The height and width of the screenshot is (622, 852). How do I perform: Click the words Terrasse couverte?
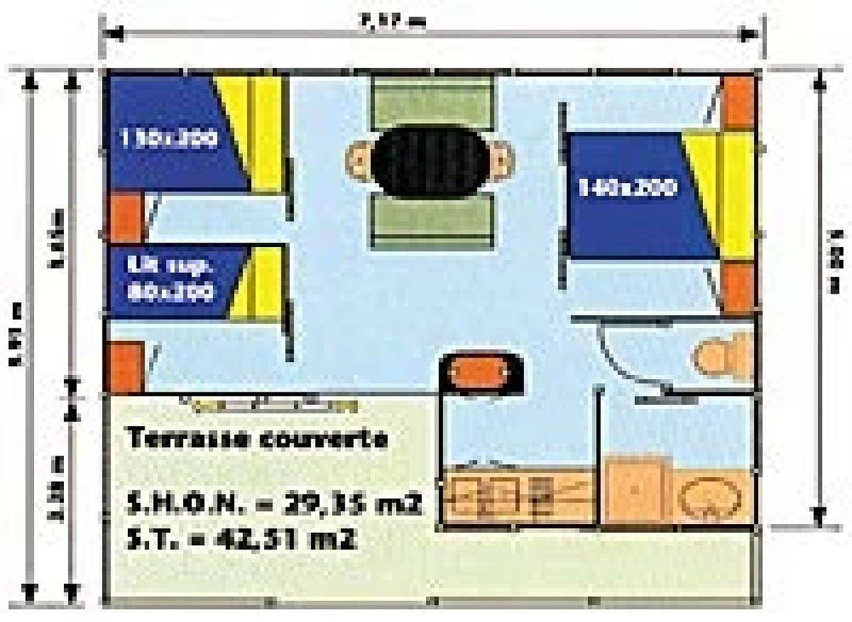(x=257, y=440)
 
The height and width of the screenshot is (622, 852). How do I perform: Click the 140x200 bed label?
(x=627, y=188)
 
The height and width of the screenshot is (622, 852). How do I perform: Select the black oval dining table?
(x=429, y=160)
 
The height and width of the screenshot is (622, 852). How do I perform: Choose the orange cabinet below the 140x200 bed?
(x=738, y=288)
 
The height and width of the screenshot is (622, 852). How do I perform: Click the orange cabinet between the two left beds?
(x=125, y=217)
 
